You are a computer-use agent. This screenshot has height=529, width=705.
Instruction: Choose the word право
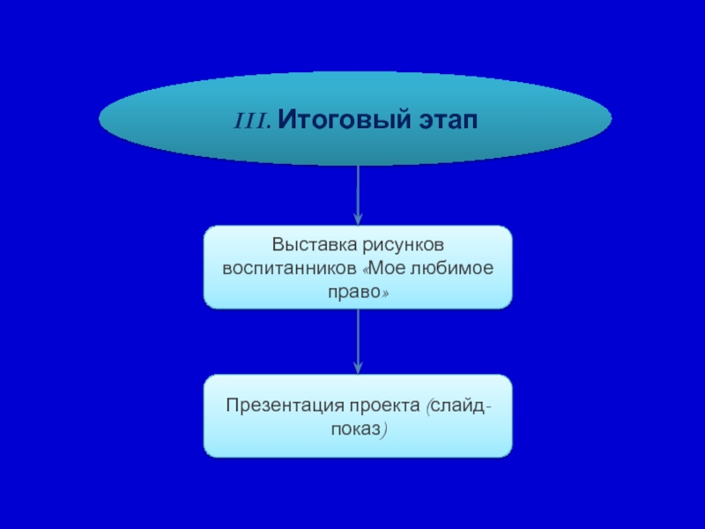point(353,290)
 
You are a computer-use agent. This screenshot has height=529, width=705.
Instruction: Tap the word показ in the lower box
point(354,429)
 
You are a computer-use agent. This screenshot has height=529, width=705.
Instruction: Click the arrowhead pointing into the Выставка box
point(358,218)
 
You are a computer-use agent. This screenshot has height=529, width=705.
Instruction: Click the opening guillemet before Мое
point(365,266)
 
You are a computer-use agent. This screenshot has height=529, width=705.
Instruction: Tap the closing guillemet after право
point(385,290)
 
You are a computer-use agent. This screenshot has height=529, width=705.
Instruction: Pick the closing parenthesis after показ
point(384,429)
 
